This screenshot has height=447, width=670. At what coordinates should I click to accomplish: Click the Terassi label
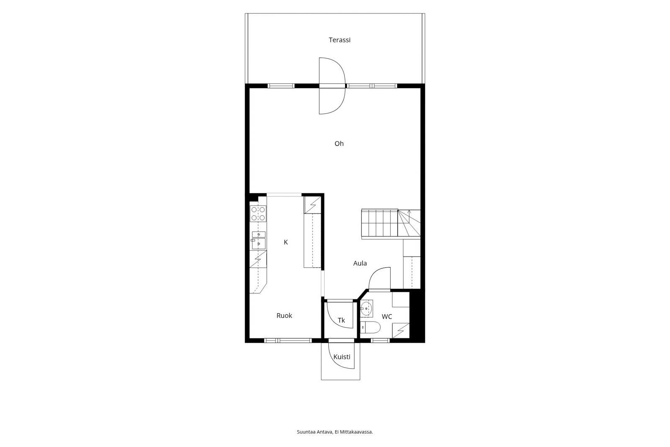340,40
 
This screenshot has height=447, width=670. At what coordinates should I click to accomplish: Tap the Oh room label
339,143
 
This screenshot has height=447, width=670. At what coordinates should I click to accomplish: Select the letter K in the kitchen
286,242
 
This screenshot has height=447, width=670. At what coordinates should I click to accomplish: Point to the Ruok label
284,315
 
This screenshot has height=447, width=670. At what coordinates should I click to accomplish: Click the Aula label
360,263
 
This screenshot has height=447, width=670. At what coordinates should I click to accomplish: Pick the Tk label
341,320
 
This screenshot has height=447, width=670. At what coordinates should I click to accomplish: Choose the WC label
387,316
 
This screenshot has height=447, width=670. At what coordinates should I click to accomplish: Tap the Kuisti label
342,356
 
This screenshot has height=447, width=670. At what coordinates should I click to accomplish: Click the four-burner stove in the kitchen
258,213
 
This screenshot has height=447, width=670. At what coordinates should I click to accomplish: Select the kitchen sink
259,240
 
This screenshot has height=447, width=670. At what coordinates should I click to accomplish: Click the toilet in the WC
370,327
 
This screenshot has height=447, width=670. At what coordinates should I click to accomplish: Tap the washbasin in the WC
366,308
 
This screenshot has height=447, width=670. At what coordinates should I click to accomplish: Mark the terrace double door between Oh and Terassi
332,86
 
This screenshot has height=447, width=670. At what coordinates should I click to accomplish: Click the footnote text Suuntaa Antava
314,432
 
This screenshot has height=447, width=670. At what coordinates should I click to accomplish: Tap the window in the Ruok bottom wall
288,340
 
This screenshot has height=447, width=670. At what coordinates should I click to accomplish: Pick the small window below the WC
381,340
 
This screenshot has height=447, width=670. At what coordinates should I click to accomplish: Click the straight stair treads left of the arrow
379,223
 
